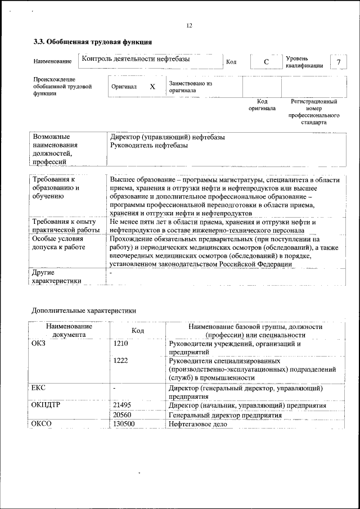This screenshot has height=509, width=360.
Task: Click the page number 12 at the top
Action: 189,25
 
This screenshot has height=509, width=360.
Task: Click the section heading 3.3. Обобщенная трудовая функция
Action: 92,42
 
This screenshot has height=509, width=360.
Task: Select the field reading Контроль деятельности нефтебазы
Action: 136,58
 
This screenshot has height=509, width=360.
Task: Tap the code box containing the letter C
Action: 266,61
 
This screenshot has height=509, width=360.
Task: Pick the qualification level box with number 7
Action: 338,62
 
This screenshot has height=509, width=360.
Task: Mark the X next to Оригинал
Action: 152,87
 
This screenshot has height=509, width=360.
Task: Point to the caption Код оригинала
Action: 262,105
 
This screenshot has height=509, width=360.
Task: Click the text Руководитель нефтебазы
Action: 149,146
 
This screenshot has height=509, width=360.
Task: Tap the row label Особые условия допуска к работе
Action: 58,243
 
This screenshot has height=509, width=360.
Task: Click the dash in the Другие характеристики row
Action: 111,273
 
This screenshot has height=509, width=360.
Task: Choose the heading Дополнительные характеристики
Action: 83,310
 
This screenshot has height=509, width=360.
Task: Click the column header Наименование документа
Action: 69,330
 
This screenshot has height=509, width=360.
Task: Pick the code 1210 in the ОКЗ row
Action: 121,344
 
